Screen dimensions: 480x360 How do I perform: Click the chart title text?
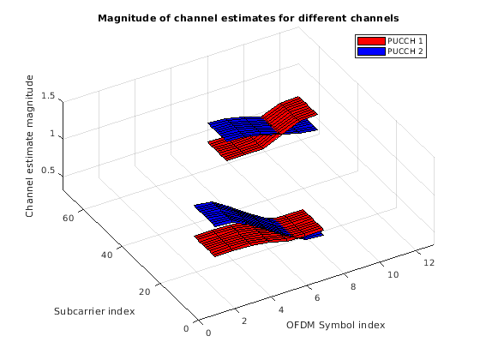point(249,18)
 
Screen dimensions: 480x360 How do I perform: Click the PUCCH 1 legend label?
point(405,41)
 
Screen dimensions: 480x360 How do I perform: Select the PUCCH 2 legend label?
point(405,51)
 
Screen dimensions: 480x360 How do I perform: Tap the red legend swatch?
point(371,41)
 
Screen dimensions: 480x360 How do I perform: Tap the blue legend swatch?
point(371,51)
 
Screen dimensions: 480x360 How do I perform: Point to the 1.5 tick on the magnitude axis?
point(48,96)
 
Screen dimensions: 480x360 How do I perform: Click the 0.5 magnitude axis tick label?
point(48,171)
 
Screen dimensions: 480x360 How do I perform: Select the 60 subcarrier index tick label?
point(69,219)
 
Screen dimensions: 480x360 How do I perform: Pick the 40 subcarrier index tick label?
point(106,255)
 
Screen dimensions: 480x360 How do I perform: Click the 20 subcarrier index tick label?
point(145,291)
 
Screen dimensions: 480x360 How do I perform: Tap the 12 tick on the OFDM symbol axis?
point(429,262)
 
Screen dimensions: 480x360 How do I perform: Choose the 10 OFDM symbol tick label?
point(393,274)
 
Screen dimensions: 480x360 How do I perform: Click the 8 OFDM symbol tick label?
point(353,287)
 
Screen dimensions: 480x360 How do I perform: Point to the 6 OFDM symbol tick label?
point(317,298)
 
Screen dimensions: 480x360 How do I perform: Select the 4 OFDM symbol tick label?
point(281,309)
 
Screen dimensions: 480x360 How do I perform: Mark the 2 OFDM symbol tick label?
point(244,321)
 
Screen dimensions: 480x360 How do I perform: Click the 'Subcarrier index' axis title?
point(94,311)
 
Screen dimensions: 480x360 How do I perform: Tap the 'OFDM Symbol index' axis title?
point(335,325)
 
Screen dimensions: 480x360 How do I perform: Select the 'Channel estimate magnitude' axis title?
point(29,147)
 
